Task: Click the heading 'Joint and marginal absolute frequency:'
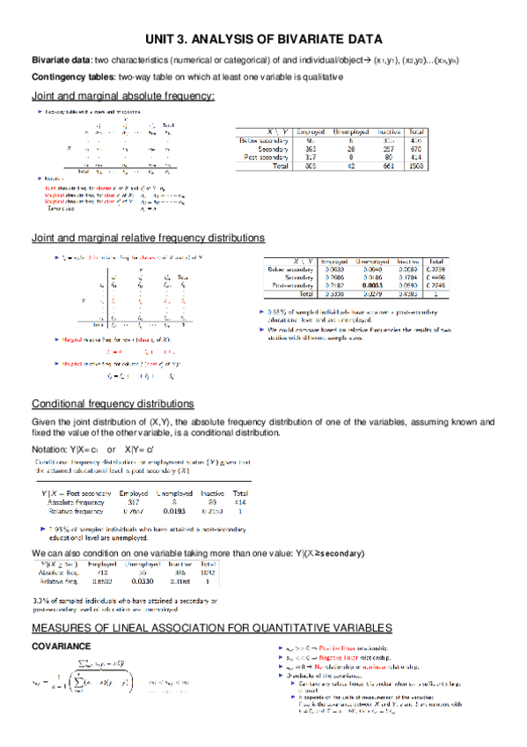123,95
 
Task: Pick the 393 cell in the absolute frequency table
310,148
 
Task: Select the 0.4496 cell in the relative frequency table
435,277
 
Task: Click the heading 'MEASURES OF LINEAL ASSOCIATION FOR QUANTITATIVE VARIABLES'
211,628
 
